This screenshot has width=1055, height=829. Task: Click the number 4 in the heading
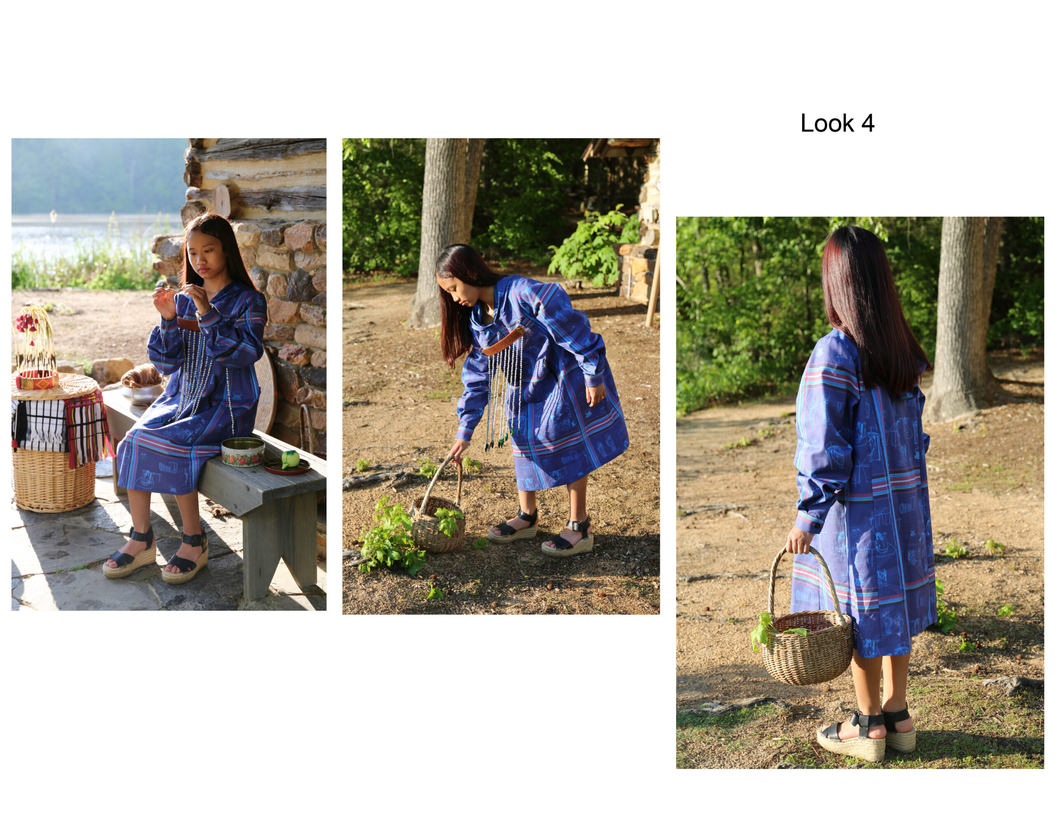tap(867, 123)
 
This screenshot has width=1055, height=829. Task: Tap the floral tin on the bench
tap(243, 452)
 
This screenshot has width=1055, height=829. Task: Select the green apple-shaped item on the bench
tap(290, 459)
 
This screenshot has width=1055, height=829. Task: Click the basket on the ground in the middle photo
tap(437, 514)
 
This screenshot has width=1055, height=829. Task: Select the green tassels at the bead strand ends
tap(497, 440)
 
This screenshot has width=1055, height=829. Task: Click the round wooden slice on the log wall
tap(221, 200)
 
